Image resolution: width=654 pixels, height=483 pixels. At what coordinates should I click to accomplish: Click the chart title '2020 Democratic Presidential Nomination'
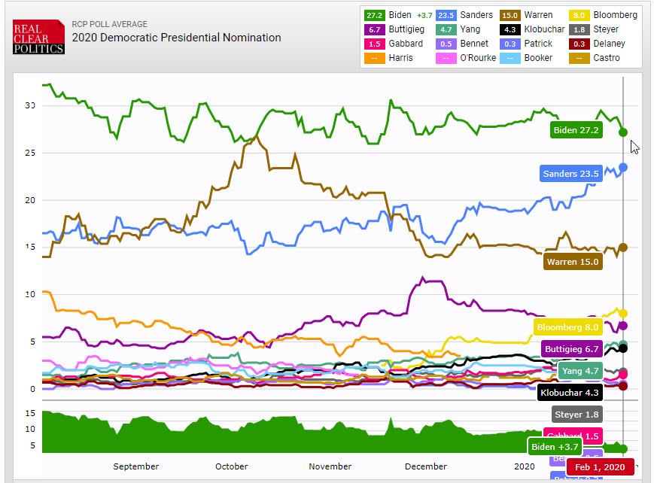[177, 38]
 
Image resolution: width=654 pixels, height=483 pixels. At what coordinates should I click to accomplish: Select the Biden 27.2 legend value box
[375, 15]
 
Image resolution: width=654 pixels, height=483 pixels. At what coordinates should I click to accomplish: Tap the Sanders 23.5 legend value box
[446, 15]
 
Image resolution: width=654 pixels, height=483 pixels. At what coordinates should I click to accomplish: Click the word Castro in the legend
[606, 58]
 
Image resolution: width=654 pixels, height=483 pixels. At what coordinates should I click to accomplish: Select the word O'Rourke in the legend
[477, 58]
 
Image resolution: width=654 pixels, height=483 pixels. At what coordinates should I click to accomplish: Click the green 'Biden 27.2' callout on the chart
[576, 130]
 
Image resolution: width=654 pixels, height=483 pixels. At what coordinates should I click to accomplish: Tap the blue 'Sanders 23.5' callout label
[570, 174]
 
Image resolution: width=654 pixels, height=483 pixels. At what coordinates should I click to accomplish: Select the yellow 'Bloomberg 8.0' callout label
[567, 327]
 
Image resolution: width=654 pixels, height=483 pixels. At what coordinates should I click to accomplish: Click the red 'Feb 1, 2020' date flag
[600, 466]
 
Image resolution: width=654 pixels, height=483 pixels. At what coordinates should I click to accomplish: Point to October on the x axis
[231, 466]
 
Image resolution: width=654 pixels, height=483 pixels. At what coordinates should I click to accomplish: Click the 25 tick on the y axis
[30, 153]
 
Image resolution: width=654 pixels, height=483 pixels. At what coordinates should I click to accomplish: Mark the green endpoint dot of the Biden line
[623, 132]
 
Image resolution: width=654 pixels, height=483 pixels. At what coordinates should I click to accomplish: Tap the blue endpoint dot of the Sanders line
[623, 167]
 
